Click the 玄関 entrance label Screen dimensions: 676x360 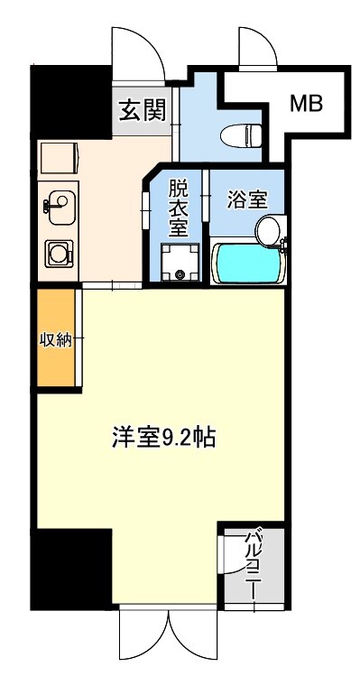[x=143, y=111]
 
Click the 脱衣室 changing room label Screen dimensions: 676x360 [x=179, y=208]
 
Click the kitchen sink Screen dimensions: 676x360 [x=60, y=207]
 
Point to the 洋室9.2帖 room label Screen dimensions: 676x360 [x=163, y=439]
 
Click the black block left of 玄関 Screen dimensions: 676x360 [x=71, y=100]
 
